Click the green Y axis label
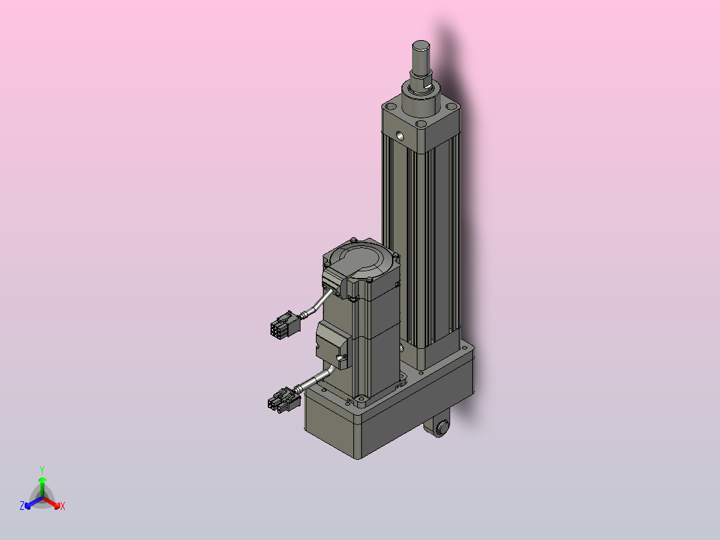[41, 470]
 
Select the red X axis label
[63, 507]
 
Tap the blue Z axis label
[22, 507]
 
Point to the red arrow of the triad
[55, 503]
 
